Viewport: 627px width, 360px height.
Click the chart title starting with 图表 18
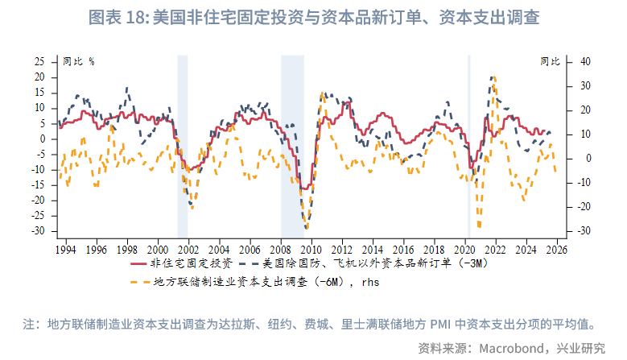313,16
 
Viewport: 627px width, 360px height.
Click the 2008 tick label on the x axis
280,250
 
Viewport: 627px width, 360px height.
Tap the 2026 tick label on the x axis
555,250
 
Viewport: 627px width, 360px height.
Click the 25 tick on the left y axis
40,61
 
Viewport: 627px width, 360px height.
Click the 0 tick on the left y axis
43,139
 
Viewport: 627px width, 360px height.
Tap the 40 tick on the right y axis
586,61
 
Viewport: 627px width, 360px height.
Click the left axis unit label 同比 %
78,61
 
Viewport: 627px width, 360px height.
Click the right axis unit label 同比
551,61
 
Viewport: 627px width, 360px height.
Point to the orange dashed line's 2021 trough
480,226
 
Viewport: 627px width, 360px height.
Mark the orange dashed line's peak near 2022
493,77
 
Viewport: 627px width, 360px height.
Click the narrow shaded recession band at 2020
468,145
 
